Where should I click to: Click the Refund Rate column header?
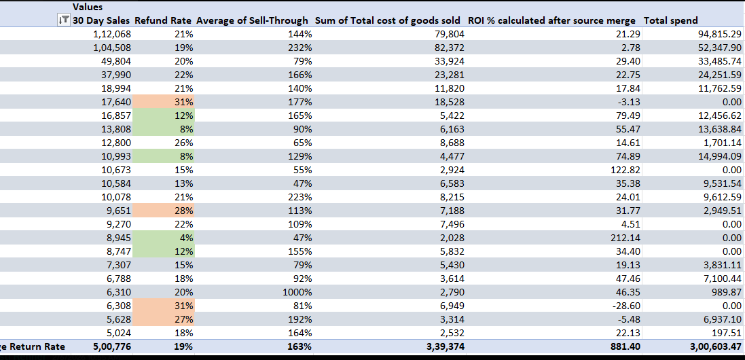click(x=164, y=20)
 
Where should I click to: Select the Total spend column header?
click(x=670, y=20)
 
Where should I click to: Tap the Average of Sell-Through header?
click(x=252, y=20)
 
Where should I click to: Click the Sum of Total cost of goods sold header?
click(x=388, y=20)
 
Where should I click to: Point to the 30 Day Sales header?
click(x=102, y=20)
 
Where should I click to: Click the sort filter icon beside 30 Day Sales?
click(x=63, y=20)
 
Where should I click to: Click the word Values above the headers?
click(x=88, y=7)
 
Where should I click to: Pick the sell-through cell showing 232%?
click(x=299, y=48)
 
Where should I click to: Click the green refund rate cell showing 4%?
click(x=164, y=238)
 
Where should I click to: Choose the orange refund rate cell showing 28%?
click(x=164, y=211)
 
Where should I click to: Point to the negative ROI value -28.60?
click(x=624, y=306)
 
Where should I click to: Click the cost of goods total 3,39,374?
click(x=442, y=346)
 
